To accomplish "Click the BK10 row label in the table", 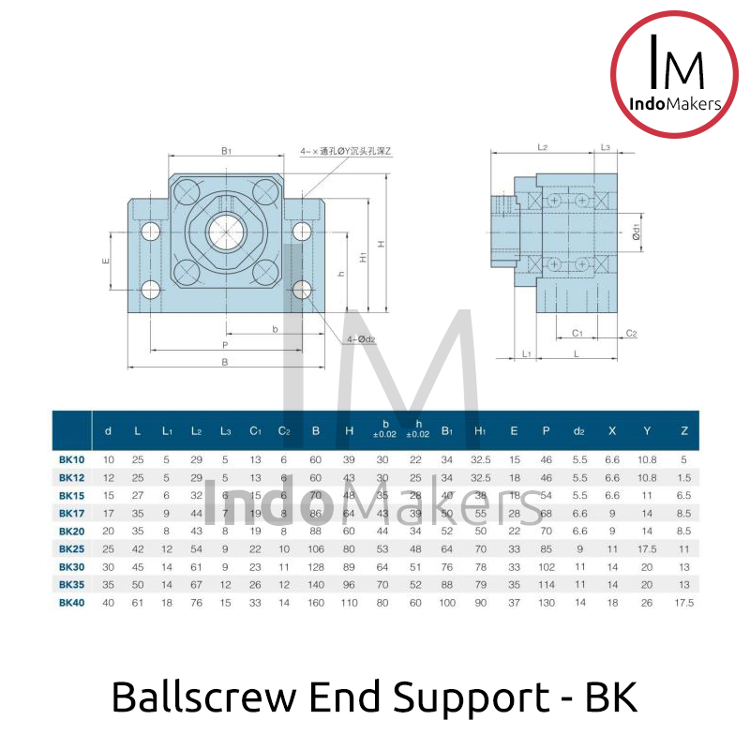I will click(72, 459).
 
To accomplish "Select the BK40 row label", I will click(72, 603).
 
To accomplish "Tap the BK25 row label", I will click(72, 548).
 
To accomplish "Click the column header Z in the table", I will click(683, 431).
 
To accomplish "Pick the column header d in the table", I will click(109, 431).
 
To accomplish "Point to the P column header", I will click(546, 431).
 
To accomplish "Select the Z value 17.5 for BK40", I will click(683, 603).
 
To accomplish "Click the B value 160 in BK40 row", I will click(315, 603).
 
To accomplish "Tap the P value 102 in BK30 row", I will click(546, 567).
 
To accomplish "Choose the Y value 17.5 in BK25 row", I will click(647, 548).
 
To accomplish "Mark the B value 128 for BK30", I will click(315, 567).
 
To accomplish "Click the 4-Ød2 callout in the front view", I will click(361, 339).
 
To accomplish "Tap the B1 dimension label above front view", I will click(226, 150).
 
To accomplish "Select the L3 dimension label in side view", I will click(606, 147).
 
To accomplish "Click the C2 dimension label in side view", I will click(631, 334).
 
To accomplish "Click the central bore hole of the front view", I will click(225, 231).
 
